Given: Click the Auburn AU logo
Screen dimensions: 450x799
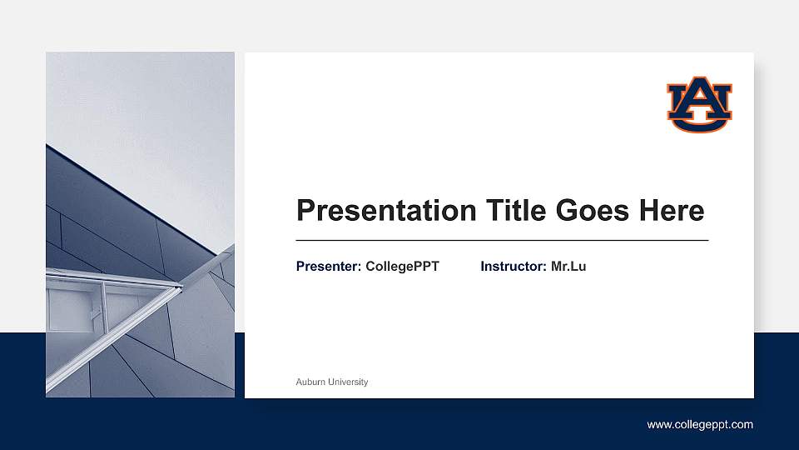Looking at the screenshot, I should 699,104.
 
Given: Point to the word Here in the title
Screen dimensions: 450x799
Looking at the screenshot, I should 672,210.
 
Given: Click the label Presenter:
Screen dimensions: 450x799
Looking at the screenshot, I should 329,267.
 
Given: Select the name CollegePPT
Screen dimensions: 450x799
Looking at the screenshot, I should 402,267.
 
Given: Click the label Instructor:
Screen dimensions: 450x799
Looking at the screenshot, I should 514,267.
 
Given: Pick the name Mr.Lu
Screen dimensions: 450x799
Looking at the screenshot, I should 568,267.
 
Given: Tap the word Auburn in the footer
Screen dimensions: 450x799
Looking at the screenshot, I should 310,382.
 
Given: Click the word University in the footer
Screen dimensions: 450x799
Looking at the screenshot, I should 348,382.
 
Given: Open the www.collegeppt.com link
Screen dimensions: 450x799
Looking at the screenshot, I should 700,425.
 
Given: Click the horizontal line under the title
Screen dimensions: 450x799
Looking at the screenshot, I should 502,240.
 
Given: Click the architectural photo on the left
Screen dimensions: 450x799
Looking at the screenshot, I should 140,225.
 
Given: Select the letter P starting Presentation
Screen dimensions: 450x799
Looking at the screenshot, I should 305,211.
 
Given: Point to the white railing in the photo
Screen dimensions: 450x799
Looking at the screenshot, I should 108,277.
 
